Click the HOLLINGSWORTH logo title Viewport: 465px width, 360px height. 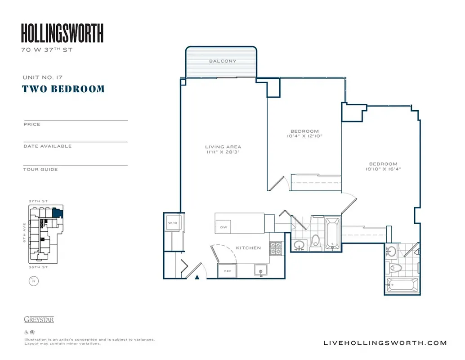click(x=62, y=33)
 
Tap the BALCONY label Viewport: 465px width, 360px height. click(x=222, y=61)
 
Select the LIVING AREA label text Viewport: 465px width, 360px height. click(x=223, y=147)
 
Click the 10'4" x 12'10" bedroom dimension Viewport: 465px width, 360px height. click(x=304, y=135)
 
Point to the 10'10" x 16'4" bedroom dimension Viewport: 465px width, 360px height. click(x=383, y=169)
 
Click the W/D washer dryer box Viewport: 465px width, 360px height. click(x=172, y=223)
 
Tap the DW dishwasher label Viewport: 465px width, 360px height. click(x=224, y=227)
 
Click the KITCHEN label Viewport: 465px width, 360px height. click(x=248, y=248)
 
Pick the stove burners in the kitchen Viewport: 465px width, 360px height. click(x=275, y=247)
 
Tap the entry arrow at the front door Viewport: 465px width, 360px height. click(x=197, y=277)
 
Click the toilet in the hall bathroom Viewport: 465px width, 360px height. click(x=316, y=241)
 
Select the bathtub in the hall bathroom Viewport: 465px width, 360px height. click(x=332, y=233)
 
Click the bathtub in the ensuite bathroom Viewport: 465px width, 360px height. click(x=402, y=284)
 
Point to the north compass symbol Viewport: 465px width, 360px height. click(x=32, y=282)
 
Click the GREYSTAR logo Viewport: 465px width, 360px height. click(x=39, y=319)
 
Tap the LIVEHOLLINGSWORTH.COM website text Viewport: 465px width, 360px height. click(x=385, y=343)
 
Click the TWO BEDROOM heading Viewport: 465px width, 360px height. click(x=63, y=89)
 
